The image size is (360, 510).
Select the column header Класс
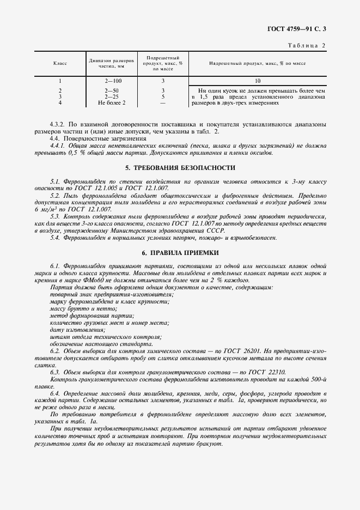(x=60, y=64)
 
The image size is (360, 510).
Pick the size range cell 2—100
(x=113, y=81)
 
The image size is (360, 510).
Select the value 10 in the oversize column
(x=258, y=81)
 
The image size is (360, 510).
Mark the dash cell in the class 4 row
(x=163, y=102)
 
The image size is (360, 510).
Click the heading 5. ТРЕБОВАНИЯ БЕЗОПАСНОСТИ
(x=180, y=168)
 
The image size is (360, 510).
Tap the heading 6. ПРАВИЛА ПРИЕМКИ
(x=180, y=253)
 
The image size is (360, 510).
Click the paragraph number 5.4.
(x=54, y=238)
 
